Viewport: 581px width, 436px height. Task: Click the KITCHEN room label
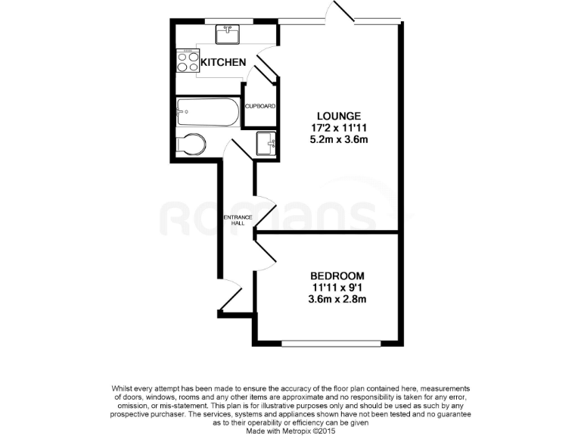point(222,62)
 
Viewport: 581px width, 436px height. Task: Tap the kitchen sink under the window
point(228,34)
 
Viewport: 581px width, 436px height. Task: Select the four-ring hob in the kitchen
point(187,61)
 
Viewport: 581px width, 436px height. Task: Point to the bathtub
point(207,114)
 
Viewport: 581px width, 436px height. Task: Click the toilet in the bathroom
point(191,145)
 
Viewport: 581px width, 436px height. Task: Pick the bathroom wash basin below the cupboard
point(266,143)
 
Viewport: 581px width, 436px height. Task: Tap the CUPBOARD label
point(259,106)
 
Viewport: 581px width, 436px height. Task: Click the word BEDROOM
point(337,276)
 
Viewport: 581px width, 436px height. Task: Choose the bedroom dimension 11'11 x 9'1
point(337,288)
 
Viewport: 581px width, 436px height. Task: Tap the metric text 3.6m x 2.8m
point(337,300)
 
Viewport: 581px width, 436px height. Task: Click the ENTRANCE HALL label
point(237,220)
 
